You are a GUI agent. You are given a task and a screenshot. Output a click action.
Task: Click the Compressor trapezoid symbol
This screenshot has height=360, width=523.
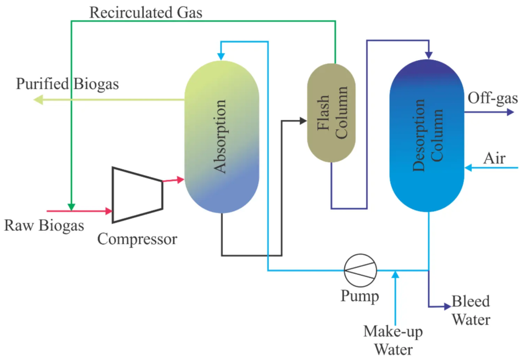coord(137,195)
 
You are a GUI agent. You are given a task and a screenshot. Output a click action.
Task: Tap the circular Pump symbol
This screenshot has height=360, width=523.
coord(360,270)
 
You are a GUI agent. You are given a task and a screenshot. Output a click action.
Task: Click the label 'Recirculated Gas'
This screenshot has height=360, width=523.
coord(146,12)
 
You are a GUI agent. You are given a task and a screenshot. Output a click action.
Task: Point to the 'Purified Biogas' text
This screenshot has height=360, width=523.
coord(67,84)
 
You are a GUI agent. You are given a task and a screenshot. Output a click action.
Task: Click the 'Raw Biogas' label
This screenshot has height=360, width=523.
coord(44,225)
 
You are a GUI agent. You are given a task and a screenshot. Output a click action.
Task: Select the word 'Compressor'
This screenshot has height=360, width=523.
coord(137,238)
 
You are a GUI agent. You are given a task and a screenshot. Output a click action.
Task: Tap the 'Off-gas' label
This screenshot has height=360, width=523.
coord(493,98)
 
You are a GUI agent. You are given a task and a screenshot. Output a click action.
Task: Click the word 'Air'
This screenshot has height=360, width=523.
coord(494,158)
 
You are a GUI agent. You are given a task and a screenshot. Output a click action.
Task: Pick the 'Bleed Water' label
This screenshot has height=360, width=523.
coord(470,310)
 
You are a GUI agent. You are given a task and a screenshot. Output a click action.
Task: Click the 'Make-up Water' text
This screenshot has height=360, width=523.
coord(393,341)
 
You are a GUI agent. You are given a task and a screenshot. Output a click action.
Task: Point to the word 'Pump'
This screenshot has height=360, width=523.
coord(360,296)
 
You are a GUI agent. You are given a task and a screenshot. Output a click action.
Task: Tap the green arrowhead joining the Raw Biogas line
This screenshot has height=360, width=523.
coord(71,206)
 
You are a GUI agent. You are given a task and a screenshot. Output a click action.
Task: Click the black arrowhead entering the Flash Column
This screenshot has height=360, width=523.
coord(302,121)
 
